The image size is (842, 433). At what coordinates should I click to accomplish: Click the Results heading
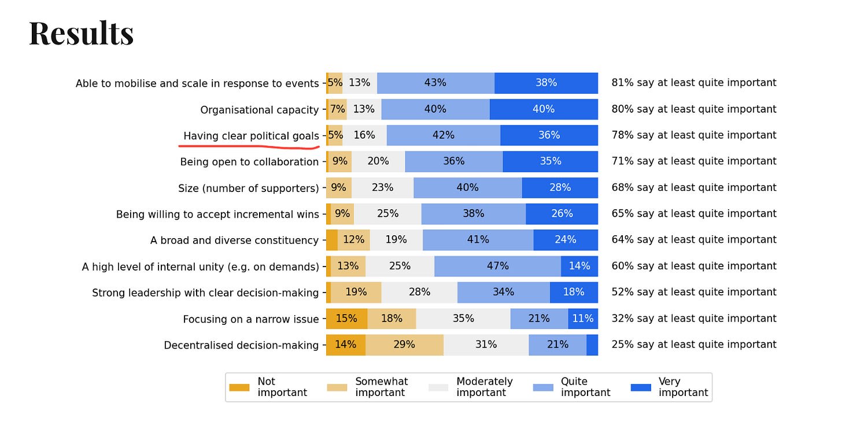pyautogui.click(x=82, y=34)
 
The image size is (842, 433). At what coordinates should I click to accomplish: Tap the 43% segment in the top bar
pyautogui.click(x=435, y=83)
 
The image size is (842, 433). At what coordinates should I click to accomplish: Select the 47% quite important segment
pyautogui.click(x=497, y=266)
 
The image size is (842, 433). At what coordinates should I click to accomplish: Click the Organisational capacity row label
pyautogui.click(x=259, y=110)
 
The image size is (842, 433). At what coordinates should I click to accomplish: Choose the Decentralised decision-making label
pyautogui.click(x=241, y=345)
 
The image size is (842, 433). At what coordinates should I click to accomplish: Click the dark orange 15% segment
pyautogui.click(x=346, y=319)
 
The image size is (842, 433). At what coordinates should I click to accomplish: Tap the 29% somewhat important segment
pyautogui.click(x=404, y=345)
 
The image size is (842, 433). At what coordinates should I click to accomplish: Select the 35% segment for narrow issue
pyautogui.click(x=463, y=319)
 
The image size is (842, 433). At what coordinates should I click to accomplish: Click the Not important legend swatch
pyautogui.click(x=239, y=387)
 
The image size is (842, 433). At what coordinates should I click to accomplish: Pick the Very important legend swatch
pyautogui.click(x=640, y=387)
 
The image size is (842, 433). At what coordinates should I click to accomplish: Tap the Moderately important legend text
pyautogui.click(x=484, y=387)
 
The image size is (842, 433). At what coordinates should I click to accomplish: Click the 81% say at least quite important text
pyautogui.click(x=694, y=83)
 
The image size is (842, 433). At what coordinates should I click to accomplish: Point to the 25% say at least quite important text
pyautogui.click(x=694, y=345)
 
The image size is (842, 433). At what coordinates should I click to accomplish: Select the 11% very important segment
pyautogui.click(x=583, y=319)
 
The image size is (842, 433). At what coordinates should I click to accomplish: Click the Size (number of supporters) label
pyautogui.click(x=249, y=188)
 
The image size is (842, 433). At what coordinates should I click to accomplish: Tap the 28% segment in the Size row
pyautogui.click(x=560, y=188)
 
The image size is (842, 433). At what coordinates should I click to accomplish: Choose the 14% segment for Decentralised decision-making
pyautogui.click(x=345, y=345)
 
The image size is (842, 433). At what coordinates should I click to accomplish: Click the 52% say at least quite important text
pyautogui.click(x=694, y=293)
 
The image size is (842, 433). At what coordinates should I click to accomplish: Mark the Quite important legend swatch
pyautogui.click(x=542, y=387)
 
